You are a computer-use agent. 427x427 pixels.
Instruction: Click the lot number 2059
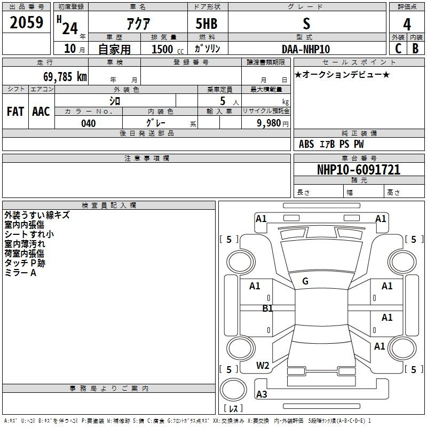point(27,23)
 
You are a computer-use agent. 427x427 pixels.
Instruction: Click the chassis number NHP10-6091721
point(359,170)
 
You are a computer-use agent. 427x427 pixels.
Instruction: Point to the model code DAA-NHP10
point(306,49)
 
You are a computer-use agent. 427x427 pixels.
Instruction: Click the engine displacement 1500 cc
point(163,49)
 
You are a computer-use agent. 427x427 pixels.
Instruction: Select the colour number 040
point(89,123)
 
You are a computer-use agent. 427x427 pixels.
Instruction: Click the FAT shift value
point(15,112)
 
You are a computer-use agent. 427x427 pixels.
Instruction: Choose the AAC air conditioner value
point(41,112)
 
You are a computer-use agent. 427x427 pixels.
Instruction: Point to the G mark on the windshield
point(305,281)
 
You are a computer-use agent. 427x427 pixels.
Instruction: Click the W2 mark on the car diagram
point(263,366)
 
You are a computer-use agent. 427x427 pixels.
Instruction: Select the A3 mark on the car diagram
point(262,394)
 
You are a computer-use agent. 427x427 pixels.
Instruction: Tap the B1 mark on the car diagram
point(267,308)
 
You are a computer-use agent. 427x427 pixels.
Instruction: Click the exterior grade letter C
point(398,49)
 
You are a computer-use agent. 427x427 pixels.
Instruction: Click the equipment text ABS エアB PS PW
point(331,144)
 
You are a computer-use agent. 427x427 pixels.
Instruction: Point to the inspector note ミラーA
point(20,273)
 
